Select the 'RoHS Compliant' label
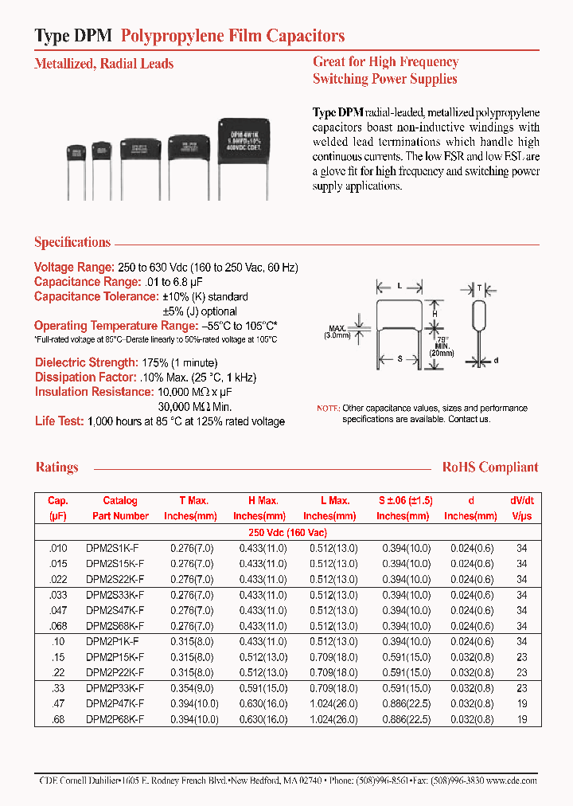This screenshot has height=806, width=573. (x=490, y=468)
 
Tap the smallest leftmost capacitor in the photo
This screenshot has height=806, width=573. (x=76, y=155)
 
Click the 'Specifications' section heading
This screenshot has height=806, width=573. (x=72, y=242)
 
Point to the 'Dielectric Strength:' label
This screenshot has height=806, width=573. (x=85, y=362)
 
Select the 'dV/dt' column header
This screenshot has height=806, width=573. (x=522, y=501)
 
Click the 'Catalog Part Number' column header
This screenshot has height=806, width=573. (x=120, y=508)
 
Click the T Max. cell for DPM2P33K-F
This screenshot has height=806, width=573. (x=191, y=688)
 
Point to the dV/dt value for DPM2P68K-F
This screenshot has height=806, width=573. (x=522, y=720)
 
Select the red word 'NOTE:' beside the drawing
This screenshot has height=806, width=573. (x=328, y=408)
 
